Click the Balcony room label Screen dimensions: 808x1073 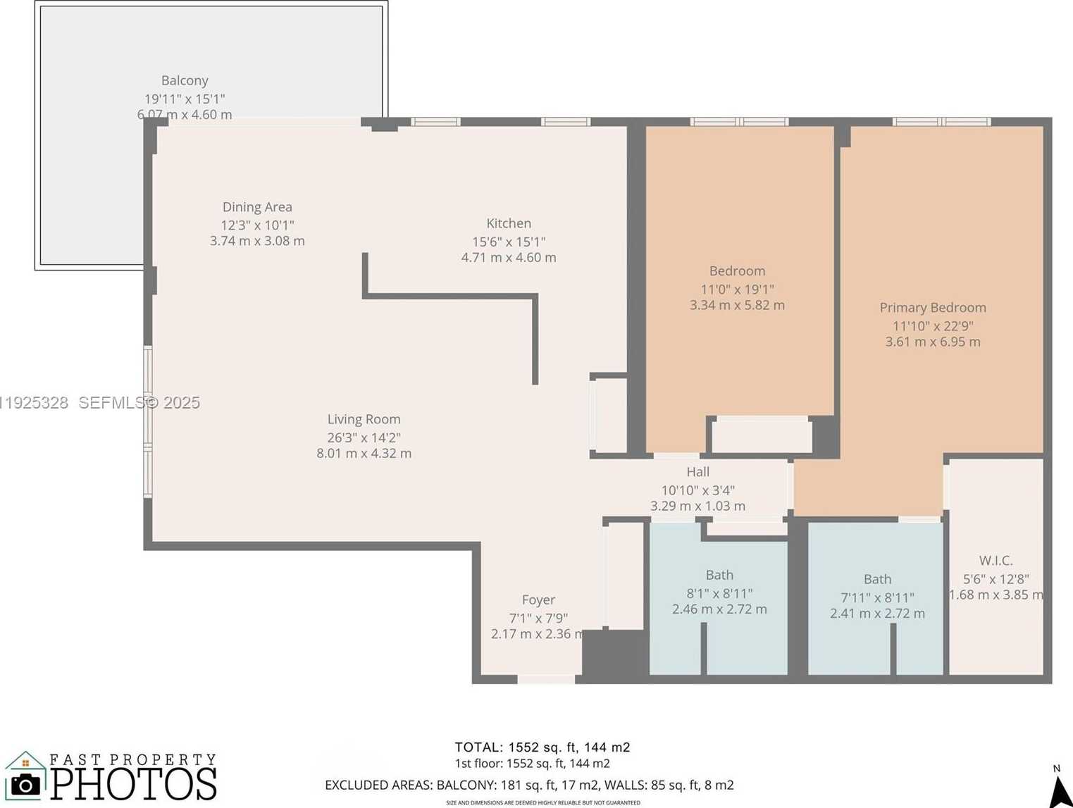click(185, 81)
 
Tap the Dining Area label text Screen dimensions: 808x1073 click(257, 207)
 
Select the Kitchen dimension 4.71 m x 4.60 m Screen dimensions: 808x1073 click(509, 258)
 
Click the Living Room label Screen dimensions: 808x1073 click(364, 419)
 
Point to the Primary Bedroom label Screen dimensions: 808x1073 click(932, 308)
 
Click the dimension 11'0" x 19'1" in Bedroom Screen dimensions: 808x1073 click(737, 290)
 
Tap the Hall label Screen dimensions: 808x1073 click(697, 472)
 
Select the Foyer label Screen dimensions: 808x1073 click(538, 600)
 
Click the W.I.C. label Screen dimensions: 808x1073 click(996, 561)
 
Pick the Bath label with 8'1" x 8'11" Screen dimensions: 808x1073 click(719, 576)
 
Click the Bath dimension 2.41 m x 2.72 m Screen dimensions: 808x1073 click(877, 614)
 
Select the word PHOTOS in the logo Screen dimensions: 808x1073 click(134, 784)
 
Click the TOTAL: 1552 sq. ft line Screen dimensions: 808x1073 click(542, 747)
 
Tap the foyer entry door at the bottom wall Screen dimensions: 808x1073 click(546, 679)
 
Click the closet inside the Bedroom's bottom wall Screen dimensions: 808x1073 click(761, 435)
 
